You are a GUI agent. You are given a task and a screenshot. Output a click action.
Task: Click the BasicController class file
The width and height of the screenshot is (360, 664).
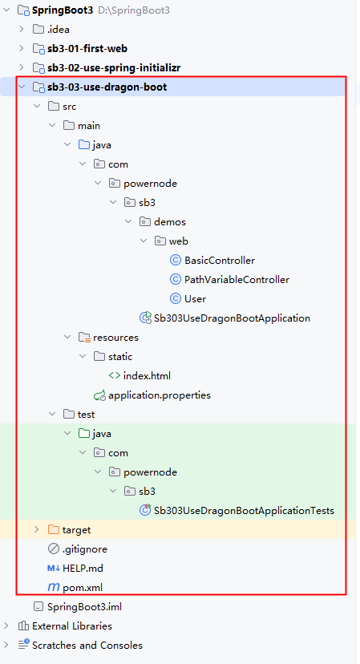220,260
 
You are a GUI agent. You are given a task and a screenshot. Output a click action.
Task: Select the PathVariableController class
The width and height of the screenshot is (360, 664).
237,280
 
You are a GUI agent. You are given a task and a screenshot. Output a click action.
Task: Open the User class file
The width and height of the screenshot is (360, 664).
195,299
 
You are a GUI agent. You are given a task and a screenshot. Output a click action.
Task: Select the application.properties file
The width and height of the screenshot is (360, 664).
160,395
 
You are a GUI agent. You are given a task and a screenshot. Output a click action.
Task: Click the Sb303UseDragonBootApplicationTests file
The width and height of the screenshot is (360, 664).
244,511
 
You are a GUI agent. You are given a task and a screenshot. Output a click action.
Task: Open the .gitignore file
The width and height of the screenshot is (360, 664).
85,549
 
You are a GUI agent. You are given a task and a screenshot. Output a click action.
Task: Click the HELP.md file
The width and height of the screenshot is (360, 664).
83,569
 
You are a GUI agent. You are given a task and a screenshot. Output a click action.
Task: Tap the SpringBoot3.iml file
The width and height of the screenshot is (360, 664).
85,607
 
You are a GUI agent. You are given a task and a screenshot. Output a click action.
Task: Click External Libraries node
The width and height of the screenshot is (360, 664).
72,626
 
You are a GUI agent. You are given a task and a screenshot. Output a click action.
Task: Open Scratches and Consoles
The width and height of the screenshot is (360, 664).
87,646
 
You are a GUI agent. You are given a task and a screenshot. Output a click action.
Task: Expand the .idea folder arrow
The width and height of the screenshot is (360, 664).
22,29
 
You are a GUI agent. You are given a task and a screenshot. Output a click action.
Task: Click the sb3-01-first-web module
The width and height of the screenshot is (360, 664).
87,49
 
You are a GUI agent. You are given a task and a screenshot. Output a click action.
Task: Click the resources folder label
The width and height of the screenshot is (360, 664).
115,338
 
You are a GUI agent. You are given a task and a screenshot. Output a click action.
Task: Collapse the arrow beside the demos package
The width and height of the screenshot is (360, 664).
128,222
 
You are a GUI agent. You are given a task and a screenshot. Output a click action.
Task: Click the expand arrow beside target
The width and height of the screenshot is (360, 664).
37,530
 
